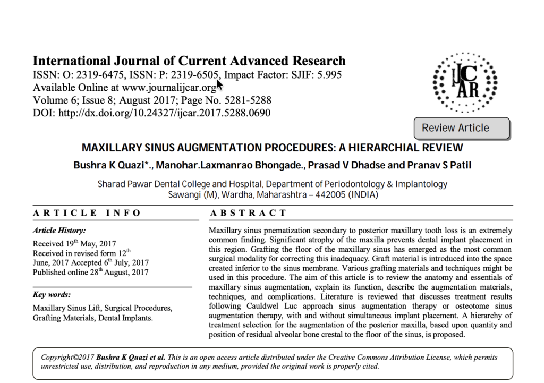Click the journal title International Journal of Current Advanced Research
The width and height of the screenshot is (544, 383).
tap(189, 61)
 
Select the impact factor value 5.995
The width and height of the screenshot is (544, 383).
tap(330, 74)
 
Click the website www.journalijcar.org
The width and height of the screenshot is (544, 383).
tap(169, 88)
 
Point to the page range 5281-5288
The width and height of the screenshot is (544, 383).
tap(246, 100)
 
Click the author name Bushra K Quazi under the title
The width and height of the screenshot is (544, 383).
tap(112, 165)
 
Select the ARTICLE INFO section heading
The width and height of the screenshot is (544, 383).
tap(87, 213)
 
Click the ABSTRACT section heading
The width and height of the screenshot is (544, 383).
tap(248, 213)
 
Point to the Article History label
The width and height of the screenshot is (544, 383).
tap(59, 231)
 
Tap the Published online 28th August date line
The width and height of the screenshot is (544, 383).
tap(90, 273)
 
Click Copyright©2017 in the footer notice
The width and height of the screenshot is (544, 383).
tap(67, 358)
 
